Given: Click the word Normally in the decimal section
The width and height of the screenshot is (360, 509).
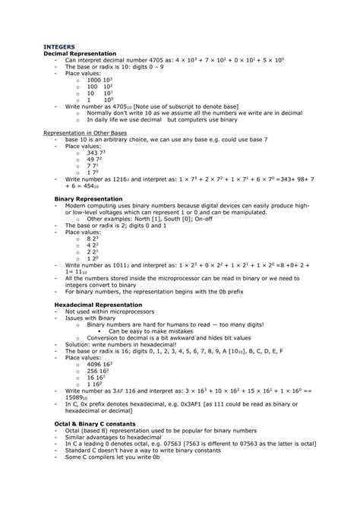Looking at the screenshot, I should point(101,113).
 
